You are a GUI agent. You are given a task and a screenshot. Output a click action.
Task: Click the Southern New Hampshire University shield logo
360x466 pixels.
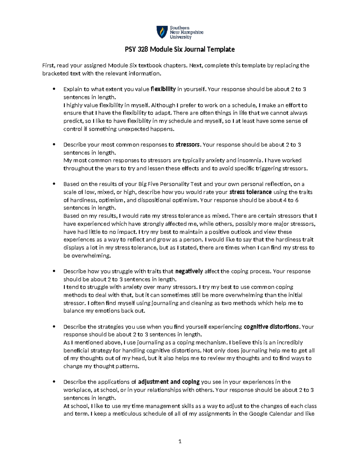(x=162, y=32)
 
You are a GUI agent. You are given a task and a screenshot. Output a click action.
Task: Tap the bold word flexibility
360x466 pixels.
(x=163, y=89)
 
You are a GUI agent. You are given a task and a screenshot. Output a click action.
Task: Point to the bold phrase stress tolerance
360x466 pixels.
(x=250, y=192)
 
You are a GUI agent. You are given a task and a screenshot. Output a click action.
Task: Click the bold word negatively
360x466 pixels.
(x=189, y=271)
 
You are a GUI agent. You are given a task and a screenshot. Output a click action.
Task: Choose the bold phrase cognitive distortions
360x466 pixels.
(x=271, y=327)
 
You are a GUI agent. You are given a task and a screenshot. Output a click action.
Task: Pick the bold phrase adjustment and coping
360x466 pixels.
(x=169, y=382)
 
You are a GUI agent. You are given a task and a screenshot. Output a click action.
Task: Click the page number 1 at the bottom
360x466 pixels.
(x=180, y=441)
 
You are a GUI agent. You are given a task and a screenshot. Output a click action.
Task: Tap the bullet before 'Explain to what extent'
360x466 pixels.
(x=54, y=89)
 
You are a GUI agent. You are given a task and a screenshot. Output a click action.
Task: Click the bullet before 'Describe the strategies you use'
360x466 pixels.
(x=54, y=326)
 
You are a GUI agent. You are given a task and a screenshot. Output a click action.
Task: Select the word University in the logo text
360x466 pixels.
(x=181, y=37)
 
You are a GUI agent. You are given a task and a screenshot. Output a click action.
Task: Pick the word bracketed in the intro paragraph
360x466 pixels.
(x=55, y=74)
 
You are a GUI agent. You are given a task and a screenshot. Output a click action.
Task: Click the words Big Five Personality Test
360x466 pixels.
(x=170, y=184)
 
